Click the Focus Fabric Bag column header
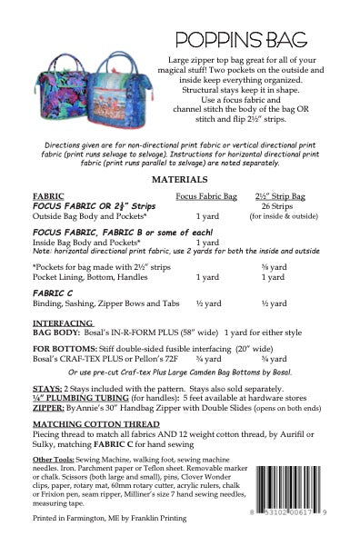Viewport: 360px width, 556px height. [x=205, y=195]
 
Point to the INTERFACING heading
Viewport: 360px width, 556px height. [x=64, y=323]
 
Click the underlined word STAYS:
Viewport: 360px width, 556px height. [x=45, y=384]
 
